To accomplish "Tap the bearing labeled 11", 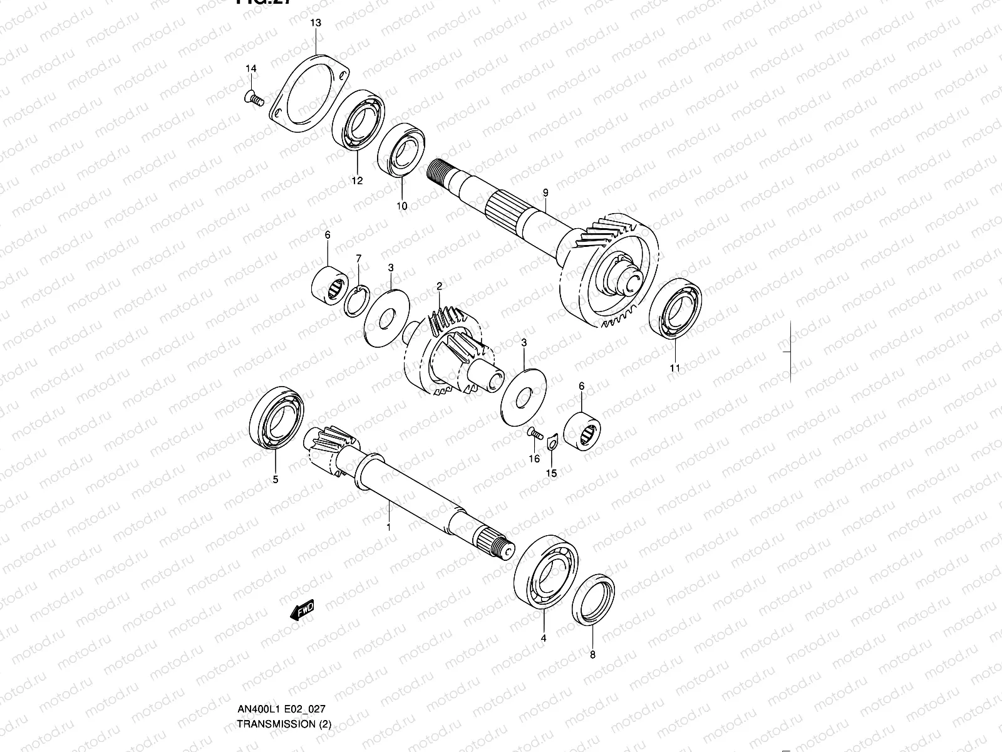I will (x=675, y=308).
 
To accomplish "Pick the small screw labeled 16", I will (x=534, y=432).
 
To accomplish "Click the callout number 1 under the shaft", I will (x=388, y=528).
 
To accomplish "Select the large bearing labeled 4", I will (x=545, y=572).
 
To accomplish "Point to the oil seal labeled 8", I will (x=594, y=599).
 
